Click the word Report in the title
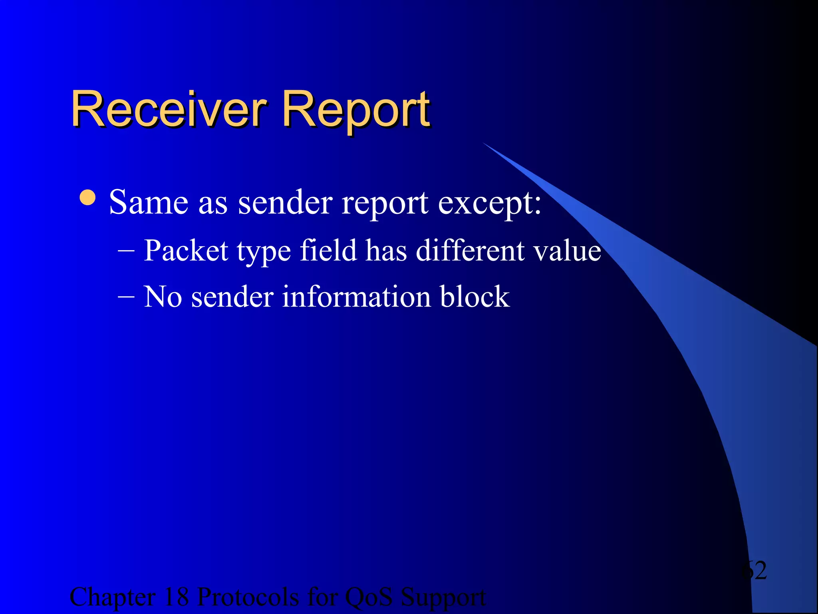coord(355,110)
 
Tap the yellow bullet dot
coord(87,197)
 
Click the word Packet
coord(186,251)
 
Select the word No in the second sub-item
coord(163,297)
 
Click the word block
coord(475,297)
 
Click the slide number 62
coord(754,570)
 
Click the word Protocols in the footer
coord(248,597)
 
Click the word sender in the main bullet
coord(285,203)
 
